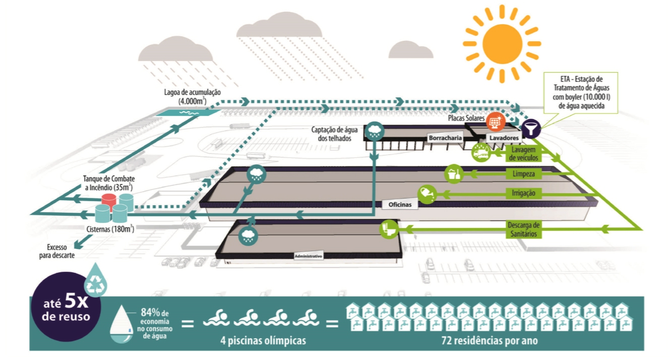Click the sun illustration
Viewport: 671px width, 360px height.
tap(502, 43)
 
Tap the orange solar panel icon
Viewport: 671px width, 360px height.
tap(494, 121)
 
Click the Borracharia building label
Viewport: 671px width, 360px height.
tap(445, 137)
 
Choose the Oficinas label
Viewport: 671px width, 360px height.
tap(400, 205)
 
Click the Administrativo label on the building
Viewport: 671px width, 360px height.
tap(308, 256)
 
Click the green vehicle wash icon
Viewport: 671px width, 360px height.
tap(480, 152)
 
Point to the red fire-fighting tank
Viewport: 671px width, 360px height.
tap(109, 199)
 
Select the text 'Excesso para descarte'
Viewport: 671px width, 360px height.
tap(60, 251)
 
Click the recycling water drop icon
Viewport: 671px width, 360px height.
tap(95, 281)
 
